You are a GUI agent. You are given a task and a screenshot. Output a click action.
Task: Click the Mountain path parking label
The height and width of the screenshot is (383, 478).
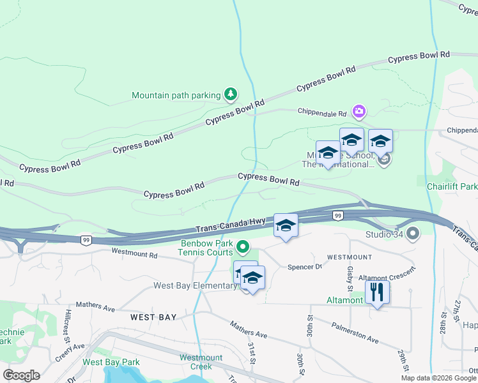pyautogui.click(x=176, y=96)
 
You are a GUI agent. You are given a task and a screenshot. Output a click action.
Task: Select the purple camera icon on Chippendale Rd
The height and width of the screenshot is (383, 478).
pyautogui.click(x=358, y=112)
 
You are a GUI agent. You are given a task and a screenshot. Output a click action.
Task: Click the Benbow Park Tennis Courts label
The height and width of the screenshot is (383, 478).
pyautogui.click(x=206, y=248)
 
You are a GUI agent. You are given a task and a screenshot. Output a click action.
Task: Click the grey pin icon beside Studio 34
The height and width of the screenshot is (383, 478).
pyautogui.click(x=412, y=234)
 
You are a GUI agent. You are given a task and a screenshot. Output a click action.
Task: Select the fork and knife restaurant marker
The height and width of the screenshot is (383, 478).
pyautogui.click(x=377, y=292)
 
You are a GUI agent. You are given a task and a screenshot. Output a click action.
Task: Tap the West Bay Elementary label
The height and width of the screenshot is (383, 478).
pyautogui.click(x=194, y=285)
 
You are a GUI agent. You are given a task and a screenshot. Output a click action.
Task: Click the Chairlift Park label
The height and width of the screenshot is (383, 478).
pyautogui.click(x=452, y=186)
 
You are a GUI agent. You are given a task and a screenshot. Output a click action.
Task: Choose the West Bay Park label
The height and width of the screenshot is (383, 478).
pyautogui.click(x=111, y=362)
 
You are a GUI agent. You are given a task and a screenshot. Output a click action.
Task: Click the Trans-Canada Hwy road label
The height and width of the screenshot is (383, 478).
pyautogui.click(x=230, y=225)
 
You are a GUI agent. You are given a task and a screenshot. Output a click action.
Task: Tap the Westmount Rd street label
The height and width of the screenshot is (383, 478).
pyautogui.click(x=134, y=254)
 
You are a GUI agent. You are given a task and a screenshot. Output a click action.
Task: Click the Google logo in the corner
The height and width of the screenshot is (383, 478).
pyautogui.click(x=21, y=375)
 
